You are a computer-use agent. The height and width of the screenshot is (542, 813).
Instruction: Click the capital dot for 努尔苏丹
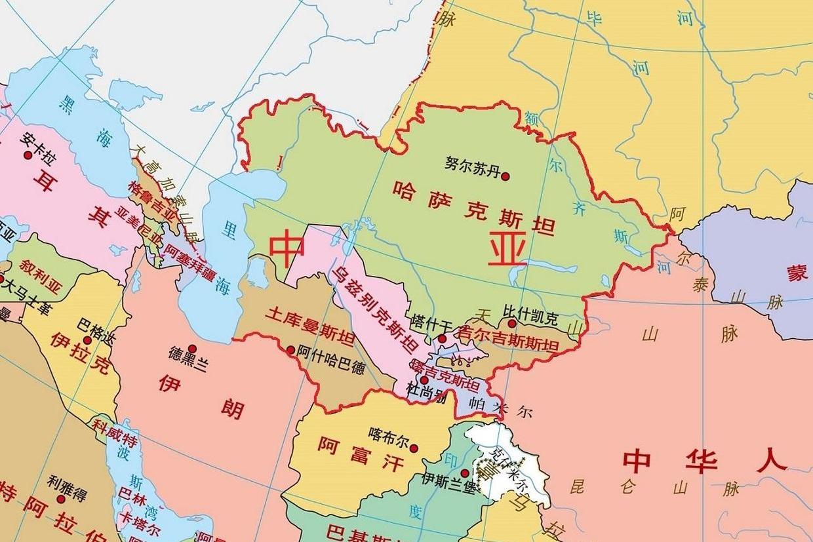click(505, 175)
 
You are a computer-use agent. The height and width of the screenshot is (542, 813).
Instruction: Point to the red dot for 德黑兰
click(192, 349)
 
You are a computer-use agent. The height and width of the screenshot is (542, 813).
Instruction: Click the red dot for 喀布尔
click(414, 448)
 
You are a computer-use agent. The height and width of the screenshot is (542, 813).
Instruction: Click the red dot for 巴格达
click(87, 339)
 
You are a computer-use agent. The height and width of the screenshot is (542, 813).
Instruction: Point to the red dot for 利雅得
click(61, 499)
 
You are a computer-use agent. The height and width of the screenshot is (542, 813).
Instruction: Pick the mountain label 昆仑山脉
click(655, 488)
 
